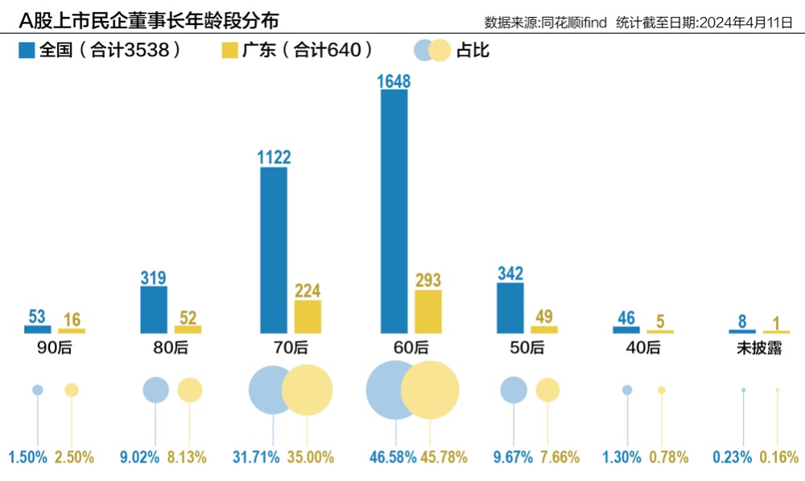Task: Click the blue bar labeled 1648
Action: [394, 211]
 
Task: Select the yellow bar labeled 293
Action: [427, 312]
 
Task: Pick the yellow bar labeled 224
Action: [308, 317]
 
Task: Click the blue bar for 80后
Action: [154, 309]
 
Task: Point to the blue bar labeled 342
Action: [510, 308]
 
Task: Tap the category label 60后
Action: [411, 348]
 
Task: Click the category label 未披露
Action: [759, 348]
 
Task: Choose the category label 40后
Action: [642, 348]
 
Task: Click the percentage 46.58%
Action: [391, 458]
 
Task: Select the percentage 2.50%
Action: [74, 458]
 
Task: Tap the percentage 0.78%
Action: [668, 458]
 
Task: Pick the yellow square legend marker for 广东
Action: [229, 51]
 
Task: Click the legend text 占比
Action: [473, 51]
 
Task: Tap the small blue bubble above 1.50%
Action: [37, 390]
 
